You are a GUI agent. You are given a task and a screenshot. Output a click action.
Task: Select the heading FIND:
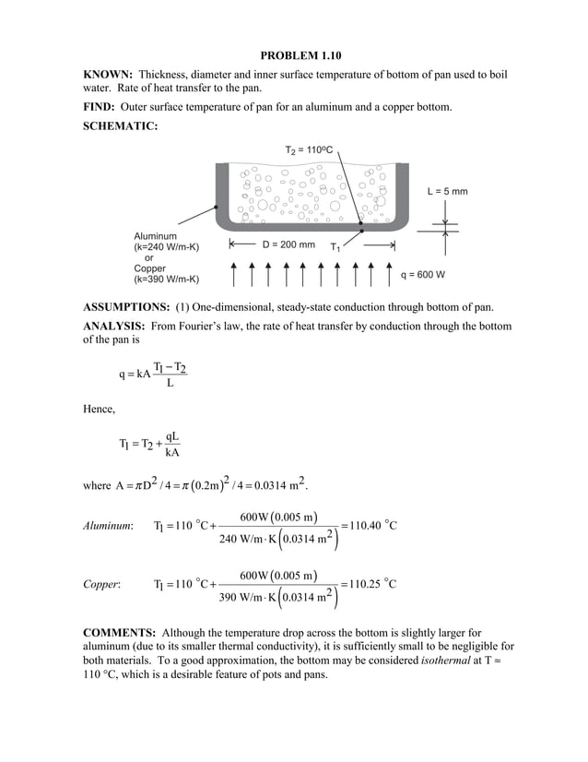[100, 108]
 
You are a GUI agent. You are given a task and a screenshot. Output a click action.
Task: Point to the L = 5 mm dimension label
[447, 192]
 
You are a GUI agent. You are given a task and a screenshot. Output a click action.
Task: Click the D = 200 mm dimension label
[288, 245]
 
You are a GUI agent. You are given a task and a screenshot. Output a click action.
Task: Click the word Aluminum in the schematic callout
[155, 236]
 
